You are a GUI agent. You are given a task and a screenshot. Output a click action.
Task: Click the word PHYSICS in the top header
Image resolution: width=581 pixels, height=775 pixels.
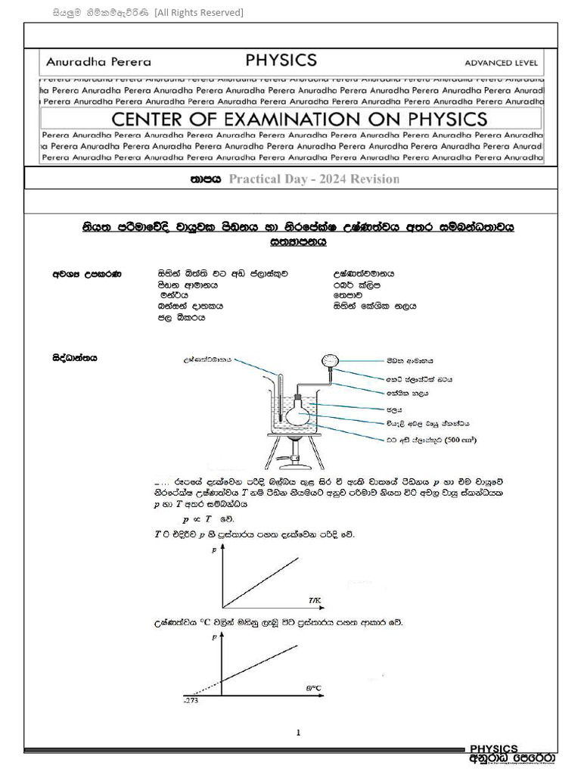tap(281, 61)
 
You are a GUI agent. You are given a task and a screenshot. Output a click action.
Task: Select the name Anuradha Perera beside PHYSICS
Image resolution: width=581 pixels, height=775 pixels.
tap(98, 62)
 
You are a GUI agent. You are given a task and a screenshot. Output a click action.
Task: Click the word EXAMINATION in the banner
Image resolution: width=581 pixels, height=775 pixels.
tap(299, 119)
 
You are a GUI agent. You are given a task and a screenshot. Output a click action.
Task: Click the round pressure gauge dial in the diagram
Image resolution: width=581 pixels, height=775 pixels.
tap(330, 362)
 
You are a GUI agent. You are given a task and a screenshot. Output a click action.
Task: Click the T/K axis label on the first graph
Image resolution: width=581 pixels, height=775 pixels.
tap(315, 600)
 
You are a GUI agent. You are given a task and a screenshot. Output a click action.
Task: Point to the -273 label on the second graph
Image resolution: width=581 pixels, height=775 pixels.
tap(190, 701)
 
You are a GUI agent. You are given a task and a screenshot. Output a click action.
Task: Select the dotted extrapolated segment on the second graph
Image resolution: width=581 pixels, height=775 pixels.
tap(202, 686)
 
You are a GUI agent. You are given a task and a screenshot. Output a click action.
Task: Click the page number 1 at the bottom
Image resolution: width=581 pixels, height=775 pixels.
tap(299, 732)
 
